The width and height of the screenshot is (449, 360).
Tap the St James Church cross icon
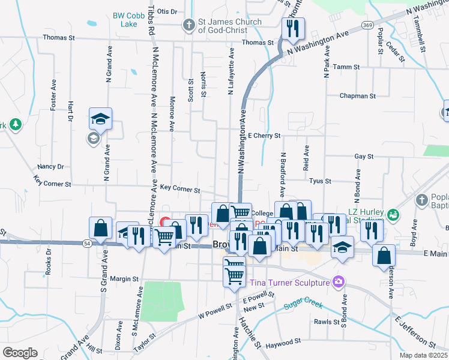pos(189,26)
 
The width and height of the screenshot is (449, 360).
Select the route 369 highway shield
pos(367,25)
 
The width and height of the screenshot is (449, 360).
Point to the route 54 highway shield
pos(88,242)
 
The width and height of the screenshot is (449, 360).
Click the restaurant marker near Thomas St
pos(293,29)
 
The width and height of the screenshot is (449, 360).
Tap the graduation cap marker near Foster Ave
pos(101,119)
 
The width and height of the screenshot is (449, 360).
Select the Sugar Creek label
pos(303,302)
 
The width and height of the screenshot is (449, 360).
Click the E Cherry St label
pos(264,136)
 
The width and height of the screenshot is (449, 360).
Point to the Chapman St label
pos(357,95)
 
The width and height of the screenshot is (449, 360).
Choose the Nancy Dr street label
pos(50,166)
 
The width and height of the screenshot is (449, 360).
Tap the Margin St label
pos(124,279)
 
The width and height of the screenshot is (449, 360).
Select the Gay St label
pos(364,156)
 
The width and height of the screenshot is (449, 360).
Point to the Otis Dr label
pos(167,11)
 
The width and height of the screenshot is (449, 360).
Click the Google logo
pos(20,353)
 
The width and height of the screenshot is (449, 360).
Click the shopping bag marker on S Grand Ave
pos(100,229)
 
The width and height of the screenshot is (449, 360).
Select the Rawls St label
pos(328,322)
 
